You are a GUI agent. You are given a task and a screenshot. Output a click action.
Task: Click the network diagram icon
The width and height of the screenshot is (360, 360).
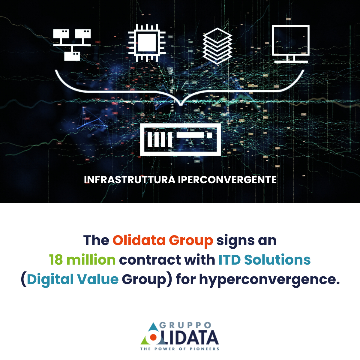pos(72,45)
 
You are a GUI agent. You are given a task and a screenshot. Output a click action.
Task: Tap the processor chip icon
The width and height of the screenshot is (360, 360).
pos(147,43)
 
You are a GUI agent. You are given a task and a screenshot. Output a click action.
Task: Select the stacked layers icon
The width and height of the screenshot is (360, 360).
pos(217,46)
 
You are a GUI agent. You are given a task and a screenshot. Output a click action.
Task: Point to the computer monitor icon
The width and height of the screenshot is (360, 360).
pos(291,44)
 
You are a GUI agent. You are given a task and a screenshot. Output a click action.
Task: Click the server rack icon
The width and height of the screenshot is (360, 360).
pos(181,140)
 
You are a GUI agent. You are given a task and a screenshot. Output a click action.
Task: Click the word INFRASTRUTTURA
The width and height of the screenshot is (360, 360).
pos(130,180)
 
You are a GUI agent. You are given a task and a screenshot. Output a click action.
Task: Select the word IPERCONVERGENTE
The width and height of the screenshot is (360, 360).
pos(227,180)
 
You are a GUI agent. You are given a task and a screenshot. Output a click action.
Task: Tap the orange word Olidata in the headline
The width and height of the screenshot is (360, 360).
pos(139,240)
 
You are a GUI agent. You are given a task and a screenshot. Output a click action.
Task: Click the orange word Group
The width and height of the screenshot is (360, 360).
pos(191,241)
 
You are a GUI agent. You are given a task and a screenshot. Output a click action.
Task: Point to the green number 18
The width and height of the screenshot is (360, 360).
pos(56,260)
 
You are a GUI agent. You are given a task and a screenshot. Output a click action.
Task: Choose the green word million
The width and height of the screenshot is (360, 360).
pos(91,259)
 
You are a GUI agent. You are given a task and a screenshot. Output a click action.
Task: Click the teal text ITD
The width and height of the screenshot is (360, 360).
pos(229,260)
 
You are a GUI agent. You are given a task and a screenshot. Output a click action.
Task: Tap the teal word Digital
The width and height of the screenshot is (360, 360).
pos(50,280)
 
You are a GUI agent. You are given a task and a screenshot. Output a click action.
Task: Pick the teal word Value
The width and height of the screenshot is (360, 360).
pos(98,279)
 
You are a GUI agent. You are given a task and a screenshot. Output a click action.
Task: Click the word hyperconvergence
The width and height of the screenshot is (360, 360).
pos(269,280)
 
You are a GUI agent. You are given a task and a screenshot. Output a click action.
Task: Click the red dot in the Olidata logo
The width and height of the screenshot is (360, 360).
pos(153,337)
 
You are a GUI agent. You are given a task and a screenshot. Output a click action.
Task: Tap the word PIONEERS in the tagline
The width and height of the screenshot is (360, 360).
pos(204,349)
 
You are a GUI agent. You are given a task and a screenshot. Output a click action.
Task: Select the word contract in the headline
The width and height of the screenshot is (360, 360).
pos(150,260)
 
